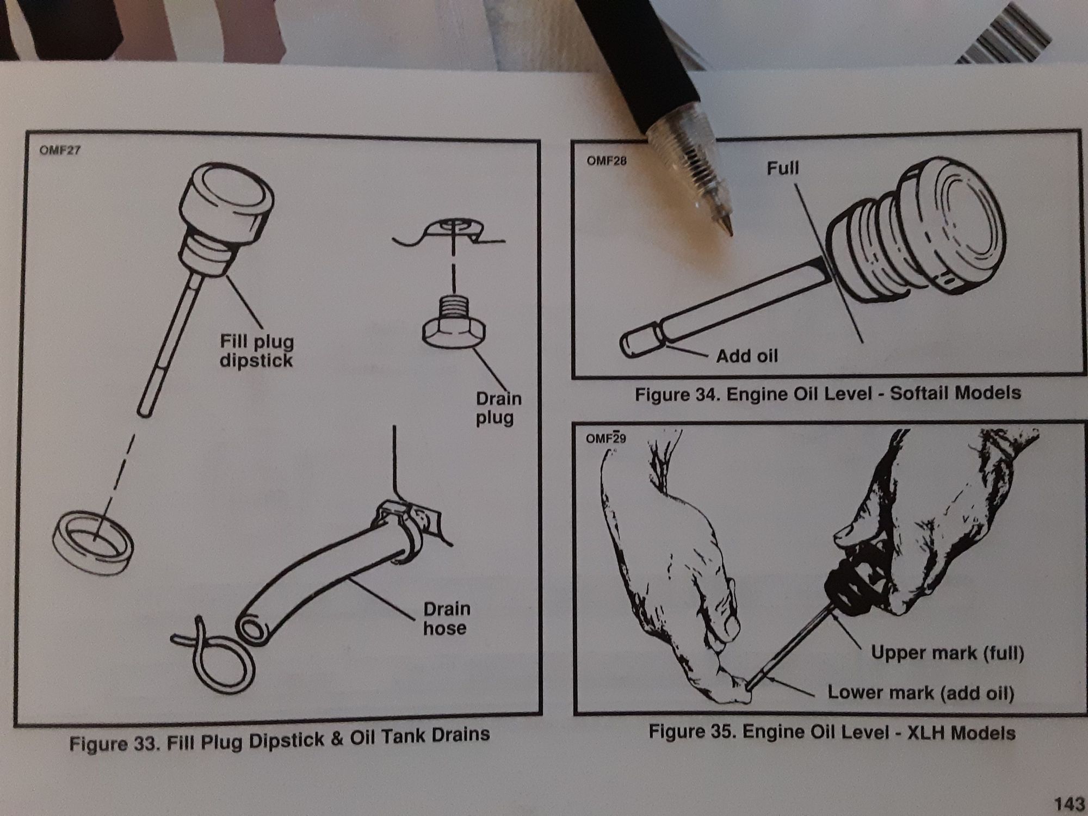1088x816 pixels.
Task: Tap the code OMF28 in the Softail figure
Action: click(x=607, y=161)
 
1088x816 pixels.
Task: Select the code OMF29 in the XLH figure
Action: click(x=605, y=438)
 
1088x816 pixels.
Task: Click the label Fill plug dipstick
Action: click(x=257, y=351)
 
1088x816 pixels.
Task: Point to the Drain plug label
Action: click(x=498, y=408)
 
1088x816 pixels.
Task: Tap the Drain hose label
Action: click(x=446, y=618)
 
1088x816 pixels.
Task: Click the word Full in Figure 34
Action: click(x=783, y=168)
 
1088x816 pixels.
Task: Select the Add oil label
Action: click(x=747, y=356)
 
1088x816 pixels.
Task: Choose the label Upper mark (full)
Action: click(x=947, y=653)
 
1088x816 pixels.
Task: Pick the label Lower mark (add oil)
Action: click(x=920, y=693)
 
